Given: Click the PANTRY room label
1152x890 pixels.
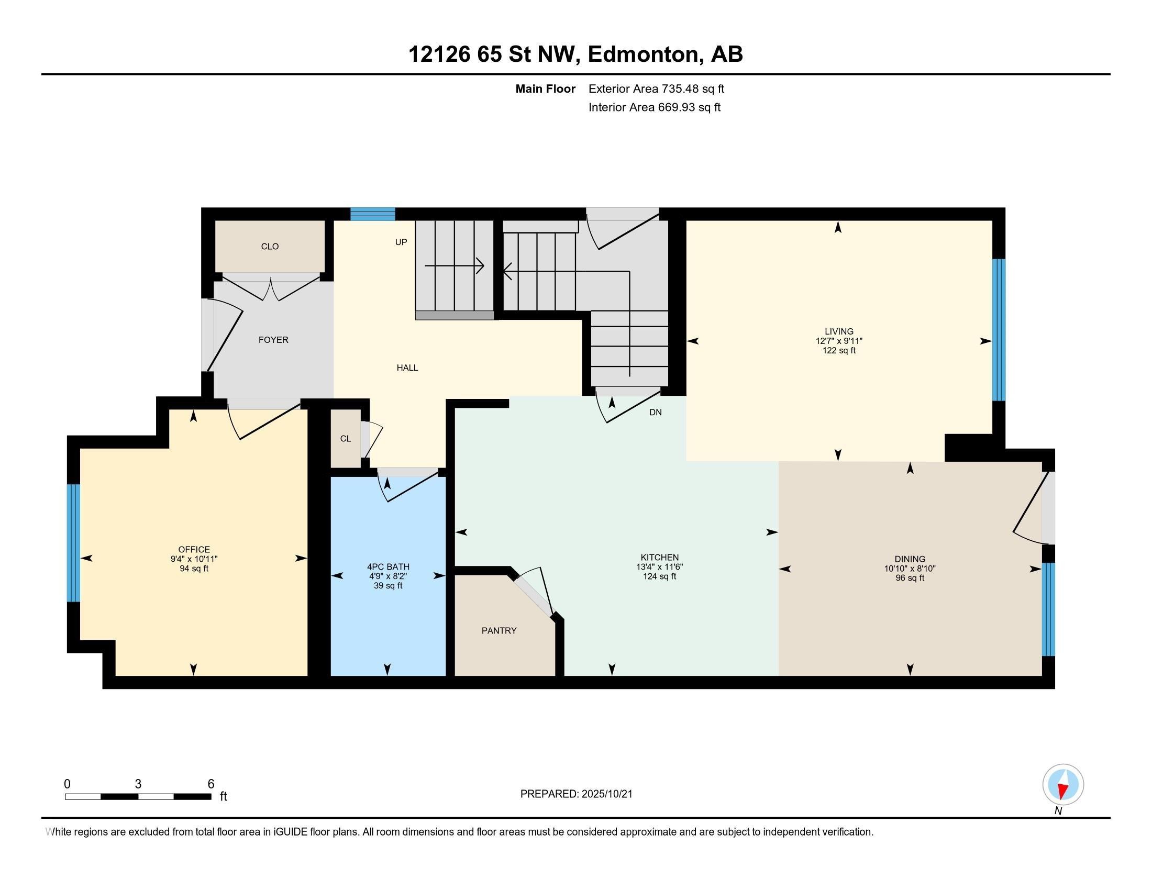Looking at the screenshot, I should [x=499, y=631].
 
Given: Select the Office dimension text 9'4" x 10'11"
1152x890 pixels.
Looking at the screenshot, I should [x=194, y=559].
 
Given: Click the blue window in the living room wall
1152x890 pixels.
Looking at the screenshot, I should [x=999, y=330].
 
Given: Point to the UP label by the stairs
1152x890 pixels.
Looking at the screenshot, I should [x=401, y=242].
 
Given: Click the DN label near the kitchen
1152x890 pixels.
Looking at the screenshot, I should [x=655, y=413].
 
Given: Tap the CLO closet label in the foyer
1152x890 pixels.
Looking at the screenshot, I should [x=270, y=246].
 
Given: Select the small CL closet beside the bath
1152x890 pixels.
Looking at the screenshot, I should [x=346, y=439].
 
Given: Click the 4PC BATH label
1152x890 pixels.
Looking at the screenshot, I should [x=387, y=567].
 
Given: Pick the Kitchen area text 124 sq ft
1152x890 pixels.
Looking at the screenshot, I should [x=659, y=577].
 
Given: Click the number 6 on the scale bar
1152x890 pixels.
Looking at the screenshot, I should [x=211, y=784].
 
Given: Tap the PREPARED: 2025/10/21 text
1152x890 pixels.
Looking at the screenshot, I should [x=576, y=794].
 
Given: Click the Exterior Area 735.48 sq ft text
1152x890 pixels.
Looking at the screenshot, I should [x=656, y=89].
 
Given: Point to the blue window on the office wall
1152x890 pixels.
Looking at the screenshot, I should [x=73, y=542].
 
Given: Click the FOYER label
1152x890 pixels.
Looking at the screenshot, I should [x=273, y=340].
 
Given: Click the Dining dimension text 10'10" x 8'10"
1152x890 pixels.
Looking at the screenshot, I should [x=910, y=569].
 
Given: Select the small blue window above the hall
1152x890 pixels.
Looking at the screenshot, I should [x=372, y=214].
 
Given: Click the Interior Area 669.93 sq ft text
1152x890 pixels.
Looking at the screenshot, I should [x=654, y=107].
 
